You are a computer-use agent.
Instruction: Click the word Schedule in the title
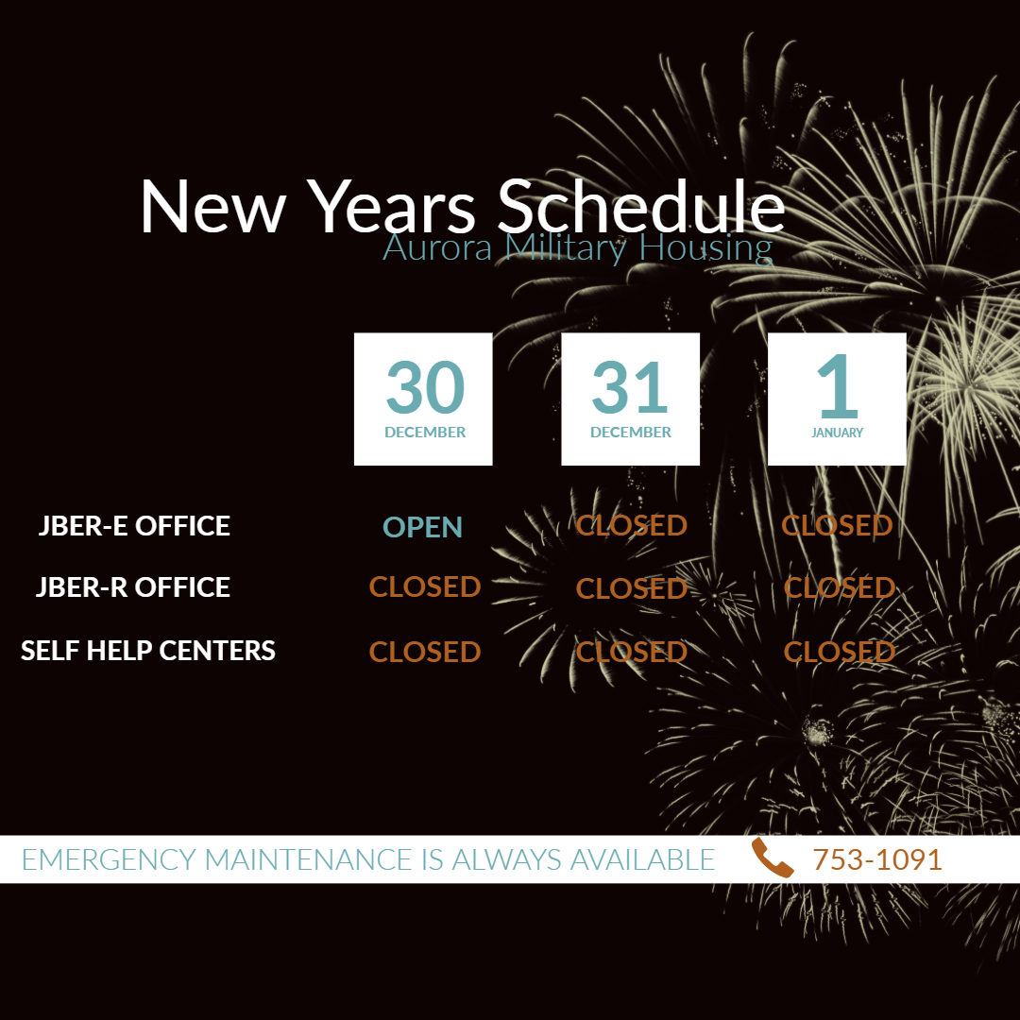641,206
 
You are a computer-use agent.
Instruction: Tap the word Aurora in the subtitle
437,247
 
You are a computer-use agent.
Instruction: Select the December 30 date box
423,399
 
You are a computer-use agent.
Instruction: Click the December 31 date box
630,399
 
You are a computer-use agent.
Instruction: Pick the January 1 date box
837,399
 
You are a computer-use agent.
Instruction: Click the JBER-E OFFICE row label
134,526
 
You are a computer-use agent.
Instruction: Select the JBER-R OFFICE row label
133,586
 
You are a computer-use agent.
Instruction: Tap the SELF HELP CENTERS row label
147,651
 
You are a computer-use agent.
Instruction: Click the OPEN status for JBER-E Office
423,527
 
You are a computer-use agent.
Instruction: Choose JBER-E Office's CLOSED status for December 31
632,526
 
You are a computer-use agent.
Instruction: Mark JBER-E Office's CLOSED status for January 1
837,526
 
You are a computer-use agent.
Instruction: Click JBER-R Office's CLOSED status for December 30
425,586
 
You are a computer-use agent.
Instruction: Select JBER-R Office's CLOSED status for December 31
632,588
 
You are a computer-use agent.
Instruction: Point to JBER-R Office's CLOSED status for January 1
840,588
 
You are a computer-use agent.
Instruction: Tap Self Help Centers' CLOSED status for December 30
425,652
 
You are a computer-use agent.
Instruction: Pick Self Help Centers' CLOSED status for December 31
632,652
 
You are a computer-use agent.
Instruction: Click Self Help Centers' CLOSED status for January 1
840,652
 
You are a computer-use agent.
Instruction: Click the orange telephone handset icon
773,858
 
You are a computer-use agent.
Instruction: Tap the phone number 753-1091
876,860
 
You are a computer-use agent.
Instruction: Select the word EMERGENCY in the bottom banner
109,860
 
